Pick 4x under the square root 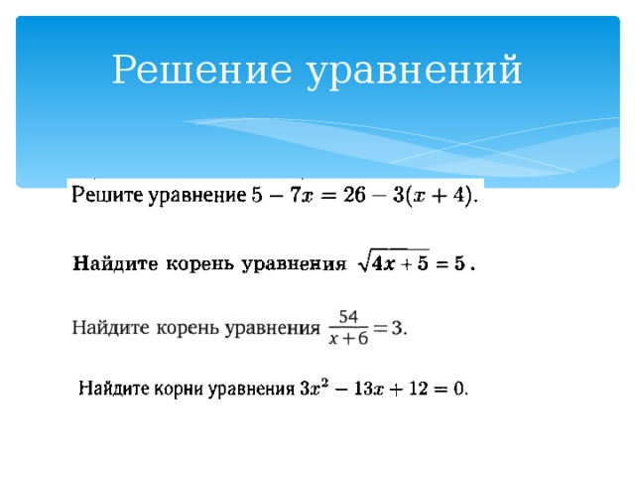[x=384, y=264]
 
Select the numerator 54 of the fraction [x=348, y=316]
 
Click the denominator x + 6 [x=348, y=338]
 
